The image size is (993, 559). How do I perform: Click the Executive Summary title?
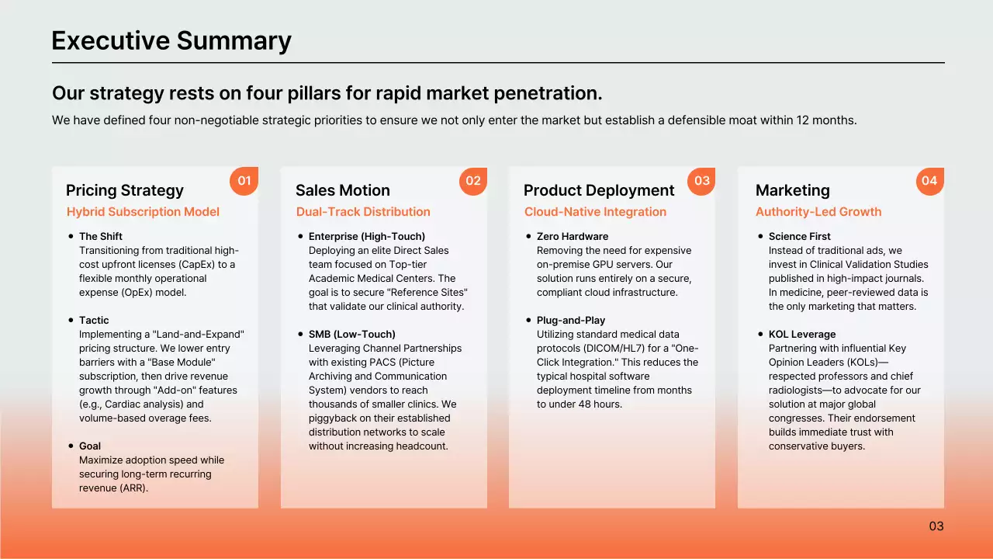171,41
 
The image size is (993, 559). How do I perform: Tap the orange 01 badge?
244,181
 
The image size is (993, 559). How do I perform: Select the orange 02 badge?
473,181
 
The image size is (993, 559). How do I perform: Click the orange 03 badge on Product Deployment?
701,181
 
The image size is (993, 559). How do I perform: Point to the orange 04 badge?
930,181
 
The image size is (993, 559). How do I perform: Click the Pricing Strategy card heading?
125,191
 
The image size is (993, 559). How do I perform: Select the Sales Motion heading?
343,190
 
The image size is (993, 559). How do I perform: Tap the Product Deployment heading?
599,191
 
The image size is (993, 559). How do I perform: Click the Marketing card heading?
793,191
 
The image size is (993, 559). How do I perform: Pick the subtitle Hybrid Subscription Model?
143,212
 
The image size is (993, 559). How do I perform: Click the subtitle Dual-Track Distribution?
363,212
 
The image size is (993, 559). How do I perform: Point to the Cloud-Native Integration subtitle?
595,212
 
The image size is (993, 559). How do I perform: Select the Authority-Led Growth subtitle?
818,212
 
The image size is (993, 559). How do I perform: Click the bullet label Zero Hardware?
573,237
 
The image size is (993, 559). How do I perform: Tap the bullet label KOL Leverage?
802,335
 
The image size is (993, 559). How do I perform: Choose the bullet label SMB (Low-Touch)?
352,335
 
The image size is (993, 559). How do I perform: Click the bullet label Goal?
89,446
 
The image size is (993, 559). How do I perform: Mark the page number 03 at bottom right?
936,526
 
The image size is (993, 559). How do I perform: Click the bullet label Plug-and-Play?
571,321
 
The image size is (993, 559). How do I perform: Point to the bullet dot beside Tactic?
71,320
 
